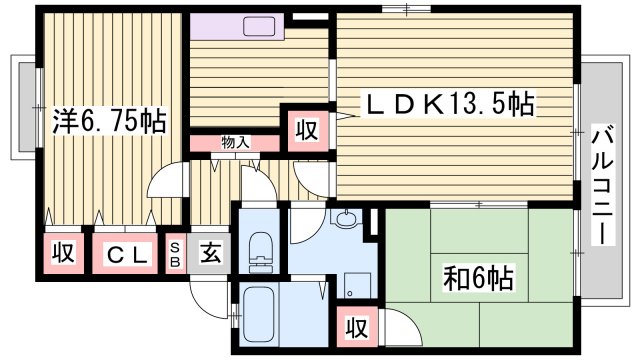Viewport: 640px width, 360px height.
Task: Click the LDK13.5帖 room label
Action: tap(447, 102)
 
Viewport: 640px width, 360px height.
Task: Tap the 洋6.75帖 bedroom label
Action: tap(108, 121)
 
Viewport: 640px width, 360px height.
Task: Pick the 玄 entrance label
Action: tap(210, 253)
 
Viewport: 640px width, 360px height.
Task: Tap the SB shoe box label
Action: tap(175, 253)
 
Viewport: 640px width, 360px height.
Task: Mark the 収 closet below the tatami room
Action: tap(353, 328)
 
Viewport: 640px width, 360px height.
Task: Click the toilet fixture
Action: tap(261, 250)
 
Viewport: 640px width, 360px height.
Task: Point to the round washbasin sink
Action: tap(347, 220)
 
